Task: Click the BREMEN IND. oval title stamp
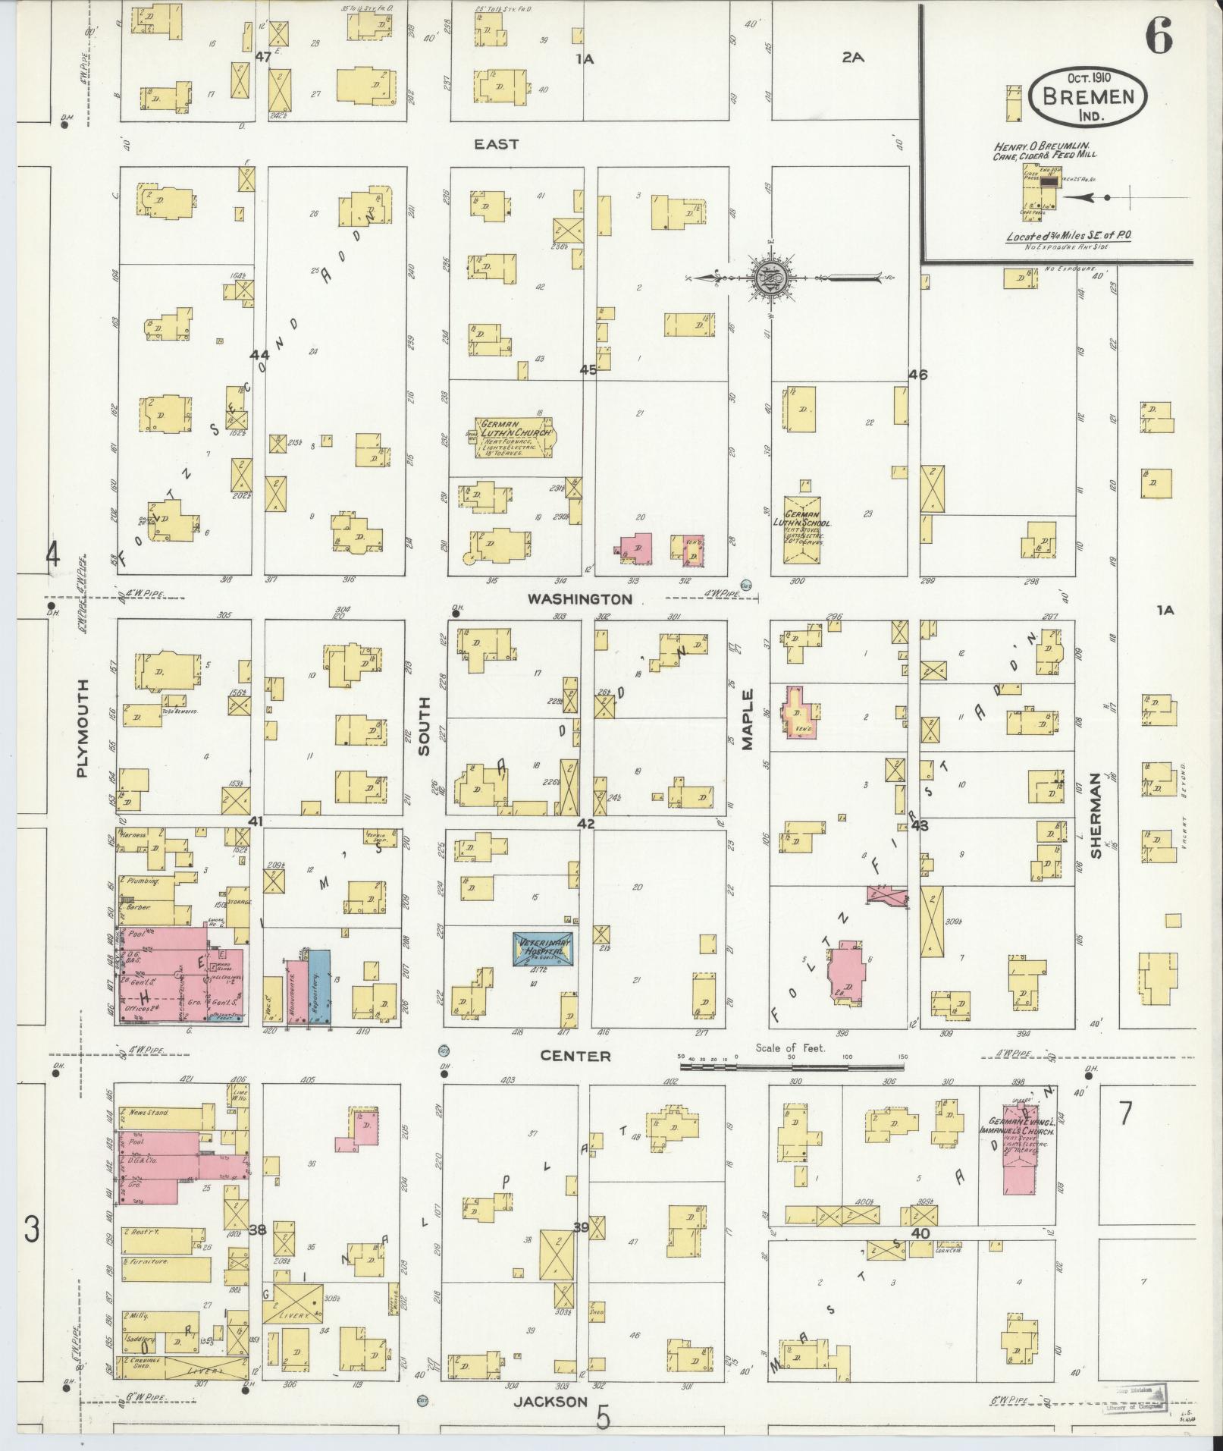[1088, 96]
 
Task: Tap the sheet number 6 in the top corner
[1159, 36]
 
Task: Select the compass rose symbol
[767, 278]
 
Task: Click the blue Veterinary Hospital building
[542, 948]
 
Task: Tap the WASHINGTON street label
[580, 598]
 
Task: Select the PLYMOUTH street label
[83, 727]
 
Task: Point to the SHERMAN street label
[1096, 815]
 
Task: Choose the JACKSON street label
[550, 1402]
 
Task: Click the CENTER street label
[575, 1056]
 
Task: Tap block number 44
[260, 355]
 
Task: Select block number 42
[585, 823]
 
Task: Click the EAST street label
[496, 144]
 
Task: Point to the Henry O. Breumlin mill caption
[1046, 150]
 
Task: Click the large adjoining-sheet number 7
[1125, 1114]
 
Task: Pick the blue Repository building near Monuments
[319, 986]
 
